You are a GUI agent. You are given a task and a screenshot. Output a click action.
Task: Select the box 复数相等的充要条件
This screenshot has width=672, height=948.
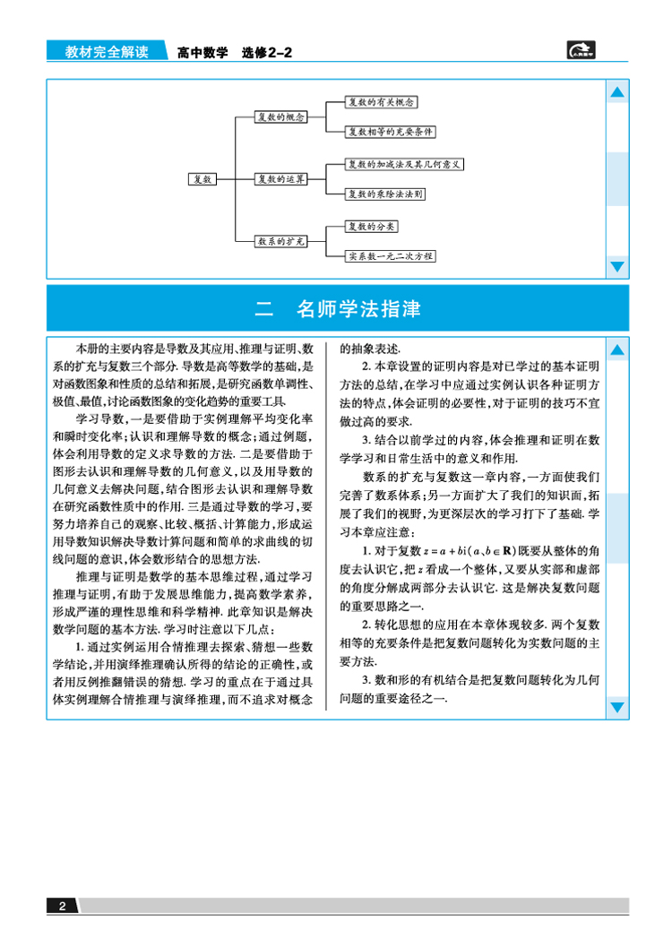click(x=392, y=131)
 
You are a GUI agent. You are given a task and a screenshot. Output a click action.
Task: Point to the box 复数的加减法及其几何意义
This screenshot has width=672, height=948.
click(x=404, y=165)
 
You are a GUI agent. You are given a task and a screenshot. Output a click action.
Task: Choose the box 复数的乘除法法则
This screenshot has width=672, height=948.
click(x=386, y=193)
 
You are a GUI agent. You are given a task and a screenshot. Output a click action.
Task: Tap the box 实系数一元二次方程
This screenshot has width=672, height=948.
click(x=392, y=255)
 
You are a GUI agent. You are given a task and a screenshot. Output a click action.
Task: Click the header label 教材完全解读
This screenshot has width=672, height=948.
click(x=107, y=53)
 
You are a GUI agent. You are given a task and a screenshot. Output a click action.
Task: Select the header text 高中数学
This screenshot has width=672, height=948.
click(x=202, y=53)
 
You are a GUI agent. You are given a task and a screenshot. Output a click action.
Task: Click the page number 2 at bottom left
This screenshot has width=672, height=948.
click(x=62, y=906)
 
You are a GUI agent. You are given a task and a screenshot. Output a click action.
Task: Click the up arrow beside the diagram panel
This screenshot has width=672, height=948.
click(x=617, y=92)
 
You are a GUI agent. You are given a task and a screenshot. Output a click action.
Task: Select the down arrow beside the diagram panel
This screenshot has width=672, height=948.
click(x=617, y=265)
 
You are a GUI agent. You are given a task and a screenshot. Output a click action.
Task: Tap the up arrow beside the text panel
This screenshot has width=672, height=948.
click(x=617, y=349)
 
